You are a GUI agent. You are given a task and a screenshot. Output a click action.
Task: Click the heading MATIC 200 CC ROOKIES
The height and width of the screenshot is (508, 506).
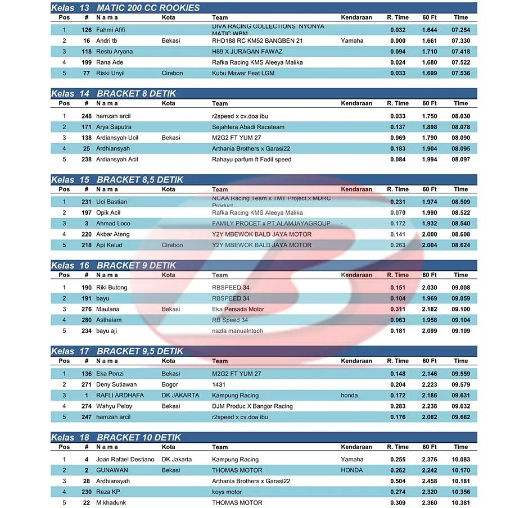click(148, 8)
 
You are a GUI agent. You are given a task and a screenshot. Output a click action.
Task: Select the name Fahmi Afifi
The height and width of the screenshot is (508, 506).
click(111, 30)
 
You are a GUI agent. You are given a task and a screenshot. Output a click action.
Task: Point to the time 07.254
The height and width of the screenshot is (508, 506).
click(460, 30)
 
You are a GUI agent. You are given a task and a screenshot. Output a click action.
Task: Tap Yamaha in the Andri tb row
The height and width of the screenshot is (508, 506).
click(352, 40)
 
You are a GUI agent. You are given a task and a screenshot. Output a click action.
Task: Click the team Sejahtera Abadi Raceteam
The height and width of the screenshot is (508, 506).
click(248, 127)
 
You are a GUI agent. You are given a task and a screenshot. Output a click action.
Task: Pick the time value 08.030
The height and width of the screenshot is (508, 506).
click(460, 116)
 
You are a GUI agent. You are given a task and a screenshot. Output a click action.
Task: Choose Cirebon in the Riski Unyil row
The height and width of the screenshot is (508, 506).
click(172, 73)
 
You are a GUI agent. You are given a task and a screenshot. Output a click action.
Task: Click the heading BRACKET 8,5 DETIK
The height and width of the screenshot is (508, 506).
click(140, 180)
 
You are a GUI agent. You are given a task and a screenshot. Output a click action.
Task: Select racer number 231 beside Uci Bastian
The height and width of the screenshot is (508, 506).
click(86, 202)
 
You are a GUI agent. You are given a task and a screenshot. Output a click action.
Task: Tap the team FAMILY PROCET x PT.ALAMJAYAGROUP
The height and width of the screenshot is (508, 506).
click(271, 224)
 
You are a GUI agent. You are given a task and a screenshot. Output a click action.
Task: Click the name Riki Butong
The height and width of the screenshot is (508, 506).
click(112, 288)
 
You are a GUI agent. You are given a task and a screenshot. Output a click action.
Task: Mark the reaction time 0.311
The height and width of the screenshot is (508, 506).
click(397, 309)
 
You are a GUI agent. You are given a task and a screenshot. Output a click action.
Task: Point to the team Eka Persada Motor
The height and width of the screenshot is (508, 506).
click(238, 309)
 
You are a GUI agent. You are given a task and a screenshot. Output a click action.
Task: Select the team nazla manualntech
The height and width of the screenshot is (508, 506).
click(237, 331)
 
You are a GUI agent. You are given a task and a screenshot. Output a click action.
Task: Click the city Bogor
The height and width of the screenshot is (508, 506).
click(170, 385)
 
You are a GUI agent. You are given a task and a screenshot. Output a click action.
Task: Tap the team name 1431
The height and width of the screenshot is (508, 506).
click(219, 385)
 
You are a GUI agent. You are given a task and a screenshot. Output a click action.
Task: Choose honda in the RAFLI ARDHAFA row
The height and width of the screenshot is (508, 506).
click(349, 396)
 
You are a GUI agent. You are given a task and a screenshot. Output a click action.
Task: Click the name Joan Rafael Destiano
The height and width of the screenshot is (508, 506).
click(125, 460)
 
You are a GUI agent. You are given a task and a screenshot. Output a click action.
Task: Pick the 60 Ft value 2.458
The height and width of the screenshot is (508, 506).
click(430, 481)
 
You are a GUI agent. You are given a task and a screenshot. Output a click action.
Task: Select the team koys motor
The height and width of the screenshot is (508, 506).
click(227, 492)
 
